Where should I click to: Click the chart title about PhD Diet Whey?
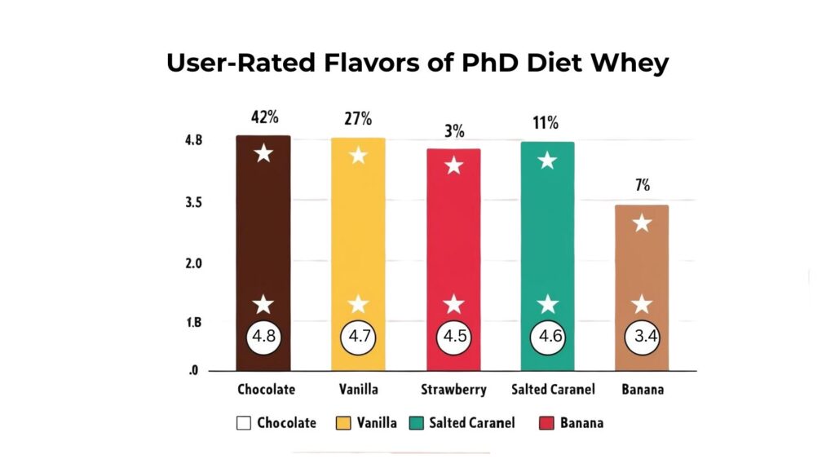pos(417,63)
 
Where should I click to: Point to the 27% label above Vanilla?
pos(357,119)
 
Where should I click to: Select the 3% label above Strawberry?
pos(454,131)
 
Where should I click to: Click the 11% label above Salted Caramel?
pos(547,123)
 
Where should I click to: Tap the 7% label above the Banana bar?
pos(643,185)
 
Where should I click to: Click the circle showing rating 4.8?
pos(263,337)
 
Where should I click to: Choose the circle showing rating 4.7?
pos(358,337)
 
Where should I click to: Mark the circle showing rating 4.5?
pos(453,337)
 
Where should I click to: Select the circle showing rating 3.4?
pos(642,337)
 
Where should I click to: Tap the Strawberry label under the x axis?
pos(453,390)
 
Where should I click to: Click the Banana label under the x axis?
pos(642,390)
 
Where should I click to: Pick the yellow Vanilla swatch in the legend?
pos(343,423)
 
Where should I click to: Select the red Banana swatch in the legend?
pos(546,423)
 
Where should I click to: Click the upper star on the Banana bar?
pos(642,223)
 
